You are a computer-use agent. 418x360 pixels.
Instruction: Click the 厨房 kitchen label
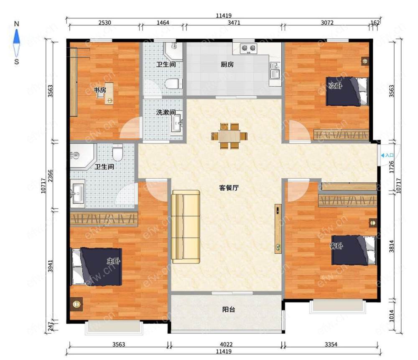[227, 64]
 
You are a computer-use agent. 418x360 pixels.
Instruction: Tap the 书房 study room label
[100, 90]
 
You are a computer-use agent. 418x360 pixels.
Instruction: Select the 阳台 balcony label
[229, 309]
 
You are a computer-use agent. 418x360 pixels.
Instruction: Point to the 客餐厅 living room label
[229, 188]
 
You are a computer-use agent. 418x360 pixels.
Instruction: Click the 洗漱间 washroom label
[166, 112]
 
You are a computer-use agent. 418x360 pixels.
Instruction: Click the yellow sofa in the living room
[186, 227]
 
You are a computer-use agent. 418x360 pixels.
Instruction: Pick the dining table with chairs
[229, 136]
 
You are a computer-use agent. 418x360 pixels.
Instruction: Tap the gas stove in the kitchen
[248, 49]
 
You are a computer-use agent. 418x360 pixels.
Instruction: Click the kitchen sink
[275, 71]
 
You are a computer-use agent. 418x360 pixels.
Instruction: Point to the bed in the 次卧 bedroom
[347, 92]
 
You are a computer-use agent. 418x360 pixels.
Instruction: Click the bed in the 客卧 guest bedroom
[354, 250]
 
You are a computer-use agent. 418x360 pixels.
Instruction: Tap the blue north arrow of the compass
[17, 36]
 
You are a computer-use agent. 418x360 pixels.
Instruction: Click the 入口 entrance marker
[387, 155]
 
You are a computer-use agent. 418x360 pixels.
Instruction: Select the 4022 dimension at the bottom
[226, 344]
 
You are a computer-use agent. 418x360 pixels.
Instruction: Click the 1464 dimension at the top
[163, 23]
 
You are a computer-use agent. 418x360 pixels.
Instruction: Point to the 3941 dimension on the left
[51, 266]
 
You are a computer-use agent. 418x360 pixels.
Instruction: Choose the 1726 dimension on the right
[392, 167]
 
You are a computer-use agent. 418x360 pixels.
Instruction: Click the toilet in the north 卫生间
[173, 84]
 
